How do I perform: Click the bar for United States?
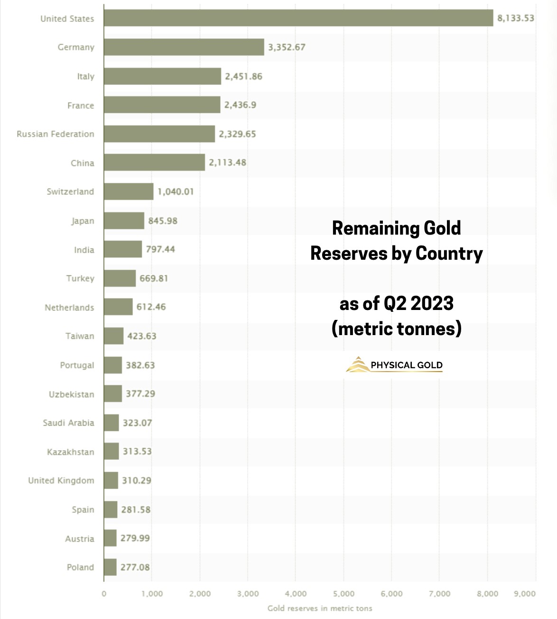coord(298,18)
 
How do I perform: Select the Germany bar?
coord(184,47)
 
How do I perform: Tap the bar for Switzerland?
coord(129,191)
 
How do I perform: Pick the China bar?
coord(154,163)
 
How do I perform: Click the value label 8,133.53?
coord(515,18)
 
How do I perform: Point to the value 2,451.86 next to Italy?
coord(243,76)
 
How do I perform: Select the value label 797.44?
coord(160,249)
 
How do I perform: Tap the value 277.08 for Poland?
coord(135,567)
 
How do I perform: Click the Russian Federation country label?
coord(56,134)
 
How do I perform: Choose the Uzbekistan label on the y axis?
coord(71,394)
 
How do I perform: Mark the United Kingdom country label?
coord(61,481)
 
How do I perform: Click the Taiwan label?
coord(80,336)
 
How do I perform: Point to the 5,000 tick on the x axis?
coord(343,594)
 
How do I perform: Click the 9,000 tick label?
coord(524,594)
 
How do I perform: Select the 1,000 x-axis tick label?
coord(152,594)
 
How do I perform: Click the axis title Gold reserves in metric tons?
coord(320,608)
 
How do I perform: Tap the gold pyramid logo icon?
coord(357,364)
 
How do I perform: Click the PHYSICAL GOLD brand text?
coord(407,365)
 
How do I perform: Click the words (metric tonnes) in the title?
coord(397,328)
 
